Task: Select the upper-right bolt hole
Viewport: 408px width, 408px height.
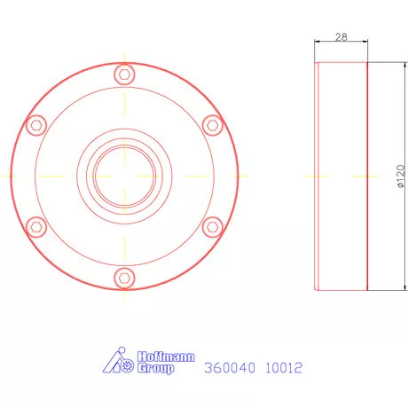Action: tap(211, 123)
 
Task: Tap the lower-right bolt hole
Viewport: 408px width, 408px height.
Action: tap(211, 226)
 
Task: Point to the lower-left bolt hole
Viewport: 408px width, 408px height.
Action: tap(36, 226)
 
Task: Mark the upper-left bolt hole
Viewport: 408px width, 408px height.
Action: tap(36, 123)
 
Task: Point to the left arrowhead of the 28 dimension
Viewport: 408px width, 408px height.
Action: tap(319, 42)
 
